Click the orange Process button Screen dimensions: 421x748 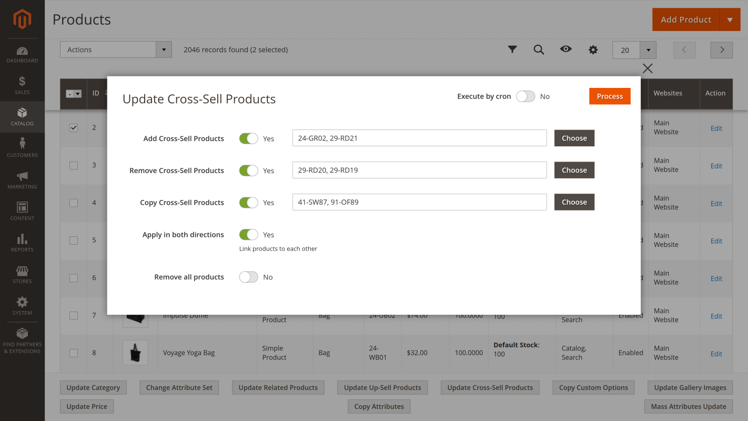click(610, 96)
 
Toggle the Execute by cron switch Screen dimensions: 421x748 click(525, 96)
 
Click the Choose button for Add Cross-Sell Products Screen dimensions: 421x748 click(574, 138)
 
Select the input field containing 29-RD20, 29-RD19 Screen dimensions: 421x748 click(419, 170)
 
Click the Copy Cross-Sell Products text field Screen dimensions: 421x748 click(419, 202)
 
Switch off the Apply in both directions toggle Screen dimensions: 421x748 click(248, 235)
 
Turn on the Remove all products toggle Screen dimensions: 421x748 click(248, 277)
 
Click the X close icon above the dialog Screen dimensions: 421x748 click(648, 68)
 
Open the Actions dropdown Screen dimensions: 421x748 click(116, 49)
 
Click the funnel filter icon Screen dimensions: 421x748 click(512, 49)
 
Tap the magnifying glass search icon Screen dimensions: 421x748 click(539, 49)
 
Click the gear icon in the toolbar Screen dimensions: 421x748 click(593, 50)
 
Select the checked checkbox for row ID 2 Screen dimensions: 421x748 click(74, 128)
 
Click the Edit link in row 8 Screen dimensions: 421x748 click(716, 354)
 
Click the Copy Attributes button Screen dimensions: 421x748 click(379, 406)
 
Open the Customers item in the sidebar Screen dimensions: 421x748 click(22, 147)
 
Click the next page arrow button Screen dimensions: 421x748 click(722, 50)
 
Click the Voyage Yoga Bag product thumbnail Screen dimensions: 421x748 click(135, 353)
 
